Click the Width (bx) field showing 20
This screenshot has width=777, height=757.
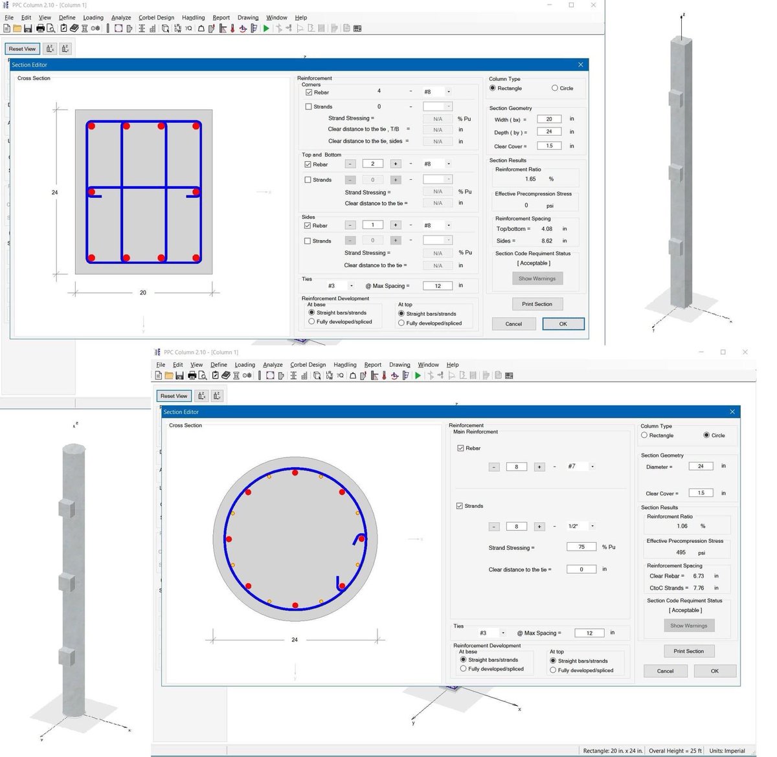coord(549,119)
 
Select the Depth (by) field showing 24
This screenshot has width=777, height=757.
coord(549,132)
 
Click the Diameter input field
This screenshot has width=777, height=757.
coord(701,466)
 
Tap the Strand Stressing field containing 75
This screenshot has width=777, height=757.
coord(581,547)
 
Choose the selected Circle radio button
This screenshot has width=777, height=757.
coord(706,435)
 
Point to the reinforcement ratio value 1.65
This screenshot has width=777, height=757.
coord(530,179)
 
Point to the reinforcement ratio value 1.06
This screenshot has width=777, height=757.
coord(682,526)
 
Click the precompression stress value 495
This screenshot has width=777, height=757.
coord(681,553)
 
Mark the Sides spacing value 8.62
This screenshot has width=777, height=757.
coord(547,241)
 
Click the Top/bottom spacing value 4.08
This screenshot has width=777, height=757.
coord(547,229)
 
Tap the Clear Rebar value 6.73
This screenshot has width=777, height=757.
coord(698,576)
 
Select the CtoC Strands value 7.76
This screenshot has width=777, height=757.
coord(698,588)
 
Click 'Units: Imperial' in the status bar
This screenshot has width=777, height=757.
coord(726,751)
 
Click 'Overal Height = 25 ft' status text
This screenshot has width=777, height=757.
coord(675,751)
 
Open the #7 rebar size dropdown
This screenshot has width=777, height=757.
coord(592,466)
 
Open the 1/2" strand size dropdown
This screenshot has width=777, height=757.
coord(592,527)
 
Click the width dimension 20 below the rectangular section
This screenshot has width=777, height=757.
coord(143,292)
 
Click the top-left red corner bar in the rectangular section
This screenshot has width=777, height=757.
coord(91,126)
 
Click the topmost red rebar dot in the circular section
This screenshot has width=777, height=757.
coord(295,473)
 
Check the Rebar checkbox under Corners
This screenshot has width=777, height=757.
coord(309,93)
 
